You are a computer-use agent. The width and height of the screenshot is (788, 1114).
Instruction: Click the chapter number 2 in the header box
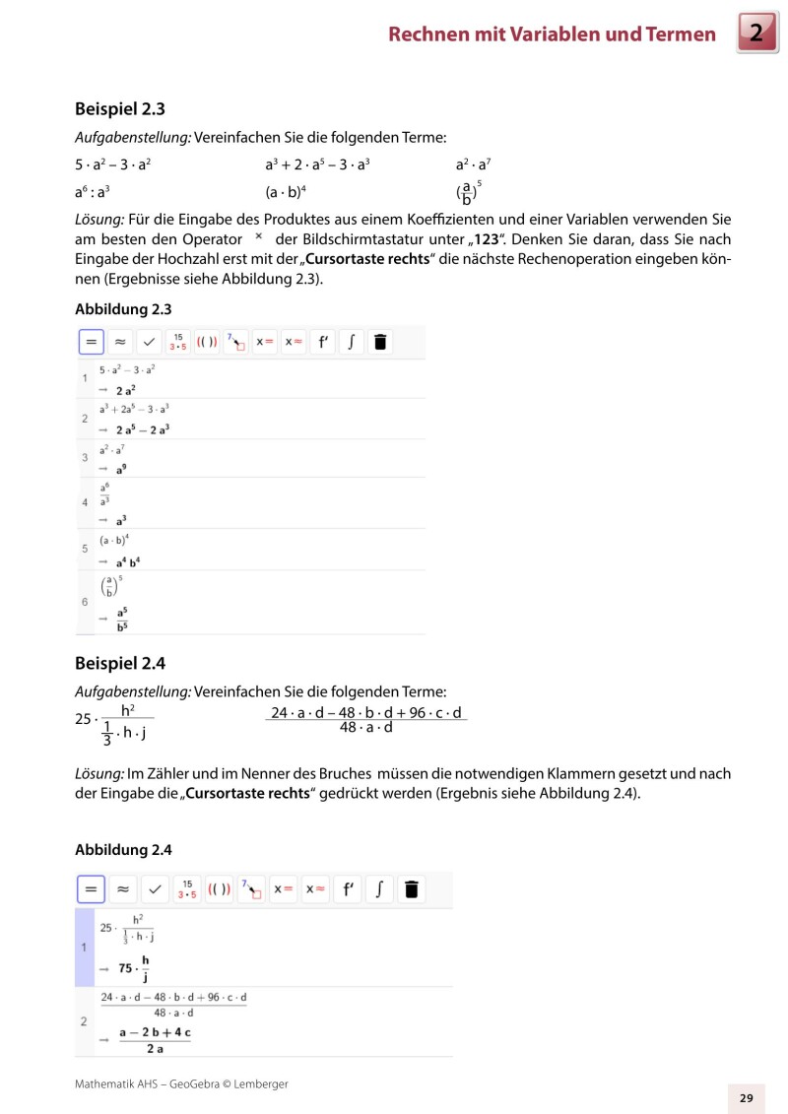pos(755,34)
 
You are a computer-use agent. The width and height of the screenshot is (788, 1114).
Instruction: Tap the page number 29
pos(746,1098)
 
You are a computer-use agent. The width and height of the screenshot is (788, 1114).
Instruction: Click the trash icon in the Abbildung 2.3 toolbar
pos(381,342)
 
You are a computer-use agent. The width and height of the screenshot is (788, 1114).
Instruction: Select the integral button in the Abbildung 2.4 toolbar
pos(379,889)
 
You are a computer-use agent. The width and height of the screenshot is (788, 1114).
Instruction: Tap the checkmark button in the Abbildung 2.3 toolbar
pos(149,342)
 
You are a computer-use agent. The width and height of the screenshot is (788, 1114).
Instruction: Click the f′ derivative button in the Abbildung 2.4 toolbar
pos(347,889)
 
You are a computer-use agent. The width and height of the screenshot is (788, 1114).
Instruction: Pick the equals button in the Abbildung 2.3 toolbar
pos(90,342)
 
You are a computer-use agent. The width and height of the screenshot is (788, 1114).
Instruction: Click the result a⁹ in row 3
pos(121,469)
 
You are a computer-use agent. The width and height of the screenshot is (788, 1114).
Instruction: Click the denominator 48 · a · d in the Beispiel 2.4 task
pos(365,728)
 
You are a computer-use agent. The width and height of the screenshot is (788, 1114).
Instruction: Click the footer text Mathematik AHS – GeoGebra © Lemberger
pos(181,1083)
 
